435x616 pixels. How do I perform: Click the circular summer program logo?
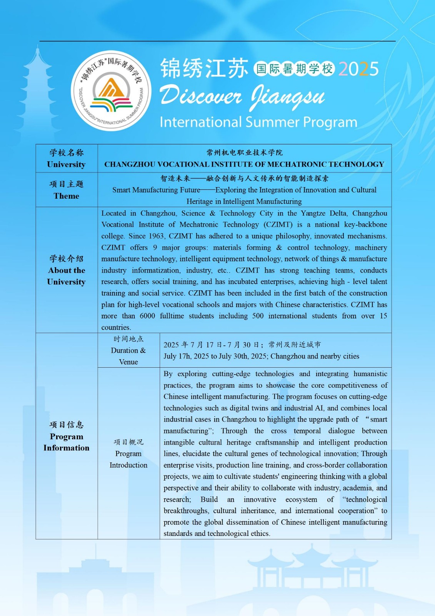[111, 91]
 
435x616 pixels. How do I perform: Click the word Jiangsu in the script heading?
[288, 97]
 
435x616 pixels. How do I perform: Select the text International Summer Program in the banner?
[258, 122]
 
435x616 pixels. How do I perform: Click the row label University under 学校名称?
[66, 164]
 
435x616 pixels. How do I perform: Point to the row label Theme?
[67, 196]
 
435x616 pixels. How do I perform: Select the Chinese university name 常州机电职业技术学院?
[245, 152]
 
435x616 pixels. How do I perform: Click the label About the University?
[67, 276]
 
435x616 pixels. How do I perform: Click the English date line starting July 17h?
[261, 356]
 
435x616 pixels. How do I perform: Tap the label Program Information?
[67, 442]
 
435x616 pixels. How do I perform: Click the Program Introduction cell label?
[128, 459]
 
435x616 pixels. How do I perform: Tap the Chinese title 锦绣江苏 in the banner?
[204, 69]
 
